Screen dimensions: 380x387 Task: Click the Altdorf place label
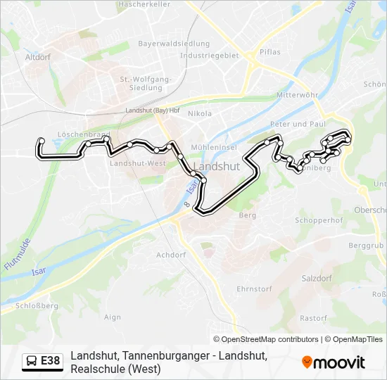(x=37, y=57)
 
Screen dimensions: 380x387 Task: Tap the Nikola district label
(x=200, y=113)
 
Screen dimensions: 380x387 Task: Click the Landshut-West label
(x=137, y=163)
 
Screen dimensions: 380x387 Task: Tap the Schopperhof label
(x=317, y=220)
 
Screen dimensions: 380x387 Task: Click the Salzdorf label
(x=316, y=279)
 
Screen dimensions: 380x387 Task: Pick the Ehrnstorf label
(x=254, y=289)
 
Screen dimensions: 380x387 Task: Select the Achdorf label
(x=171, y=255)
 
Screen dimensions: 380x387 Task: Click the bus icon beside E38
(x=32, y=361)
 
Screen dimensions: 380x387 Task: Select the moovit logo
(x=334, y=362)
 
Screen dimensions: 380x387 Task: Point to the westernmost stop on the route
(x=42, y=141)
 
